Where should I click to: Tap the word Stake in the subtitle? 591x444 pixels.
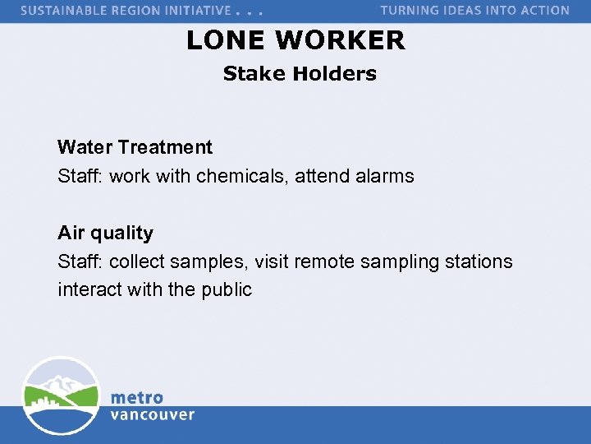click(255, 74)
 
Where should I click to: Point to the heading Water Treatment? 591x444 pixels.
click(135, 148)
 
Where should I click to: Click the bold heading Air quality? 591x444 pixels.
click(105, 234)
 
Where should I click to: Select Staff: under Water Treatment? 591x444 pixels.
click(80, 176)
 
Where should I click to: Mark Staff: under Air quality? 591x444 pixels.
click(80, 262)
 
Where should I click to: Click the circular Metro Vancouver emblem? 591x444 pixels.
click(61, 396)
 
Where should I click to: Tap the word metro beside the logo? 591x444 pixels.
click(136, 398)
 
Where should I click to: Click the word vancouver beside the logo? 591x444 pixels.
click(152, 415)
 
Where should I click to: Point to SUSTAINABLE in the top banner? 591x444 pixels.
click(65, 11)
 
